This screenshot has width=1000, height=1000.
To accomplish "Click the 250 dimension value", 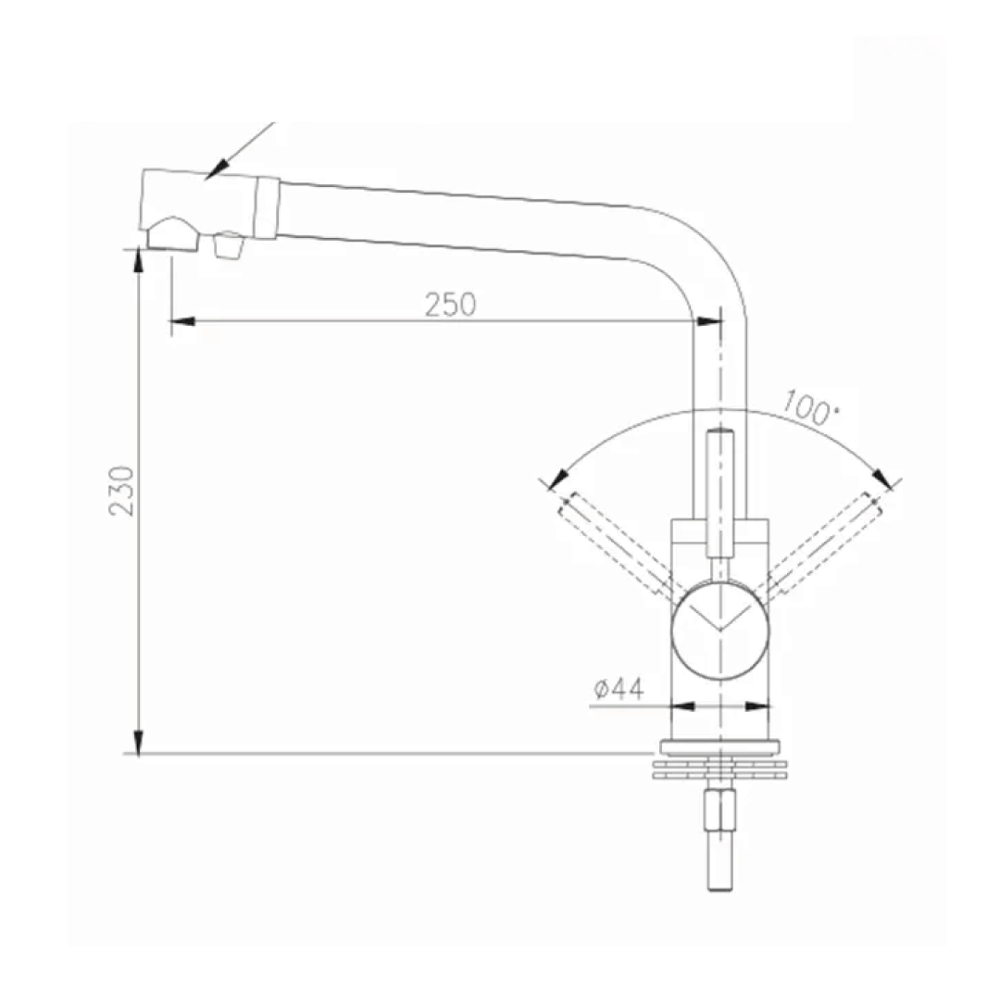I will click(450, 304).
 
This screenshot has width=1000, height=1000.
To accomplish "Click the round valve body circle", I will click(719, 631).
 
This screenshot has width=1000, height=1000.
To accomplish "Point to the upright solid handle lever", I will click(719, 491).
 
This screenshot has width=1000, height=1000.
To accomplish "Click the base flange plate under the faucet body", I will click(719, 748).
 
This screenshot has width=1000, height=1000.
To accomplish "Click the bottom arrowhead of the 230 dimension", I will click(138, 742).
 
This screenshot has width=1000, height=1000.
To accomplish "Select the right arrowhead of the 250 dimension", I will click(708, 321).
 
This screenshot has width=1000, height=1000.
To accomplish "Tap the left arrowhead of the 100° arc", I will click(556, 479).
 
